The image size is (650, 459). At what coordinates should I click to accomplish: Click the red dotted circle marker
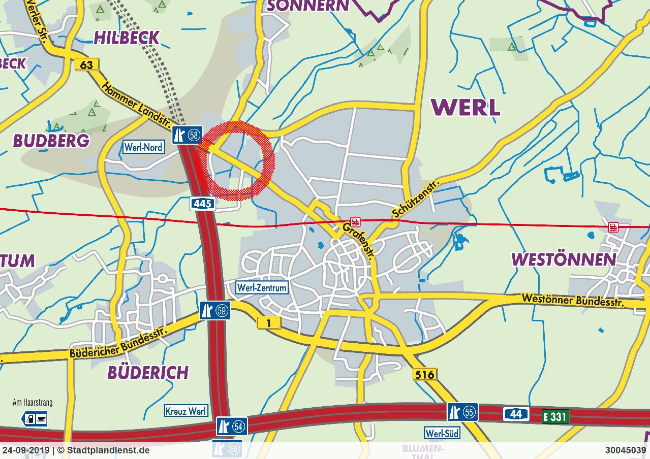click(236, 160)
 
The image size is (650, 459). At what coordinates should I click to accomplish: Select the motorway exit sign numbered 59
click(215, 310)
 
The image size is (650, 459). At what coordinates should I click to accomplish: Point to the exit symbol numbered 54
click(232, 427)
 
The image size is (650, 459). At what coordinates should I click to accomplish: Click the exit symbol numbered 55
click(462, 412)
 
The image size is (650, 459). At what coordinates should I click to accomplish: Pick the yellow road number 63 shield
click(86, 64)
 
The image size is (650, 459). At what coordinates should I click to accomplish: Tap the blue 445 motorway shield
click(203, 204)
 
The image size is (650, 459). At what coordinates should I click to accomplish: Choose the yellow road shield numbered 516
click(424, 375)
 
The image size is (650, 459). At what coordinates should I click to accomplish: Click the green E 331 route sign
click(555, 417)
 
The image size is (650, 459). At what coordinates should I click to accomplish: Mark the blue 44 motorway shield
click(516, 414)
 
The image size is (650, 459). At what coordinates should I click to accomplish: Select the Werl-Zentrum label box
click(262, 288)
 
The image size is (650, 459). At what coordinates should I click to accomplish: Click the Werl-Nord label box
click(143, 147)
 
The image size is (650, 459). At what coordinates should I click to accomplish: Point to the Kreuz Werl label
click(186, 411)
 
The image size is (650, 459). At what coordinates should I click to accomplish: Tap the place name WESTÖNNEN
click(564, 259)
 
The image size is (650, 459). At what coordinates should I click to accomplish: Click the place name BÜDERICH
click(148, 373)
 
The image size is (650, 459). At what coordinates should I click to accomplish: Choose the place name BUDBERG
click(51, 141)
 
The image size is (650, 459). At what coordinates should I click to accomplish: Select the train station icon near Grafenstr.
click(355, 221)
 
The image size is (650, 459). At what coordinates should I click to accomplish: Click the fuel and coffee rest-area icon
click(35, 419)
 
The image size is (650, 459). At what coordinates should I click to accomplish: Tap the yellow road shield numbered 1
click(269, 322)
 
